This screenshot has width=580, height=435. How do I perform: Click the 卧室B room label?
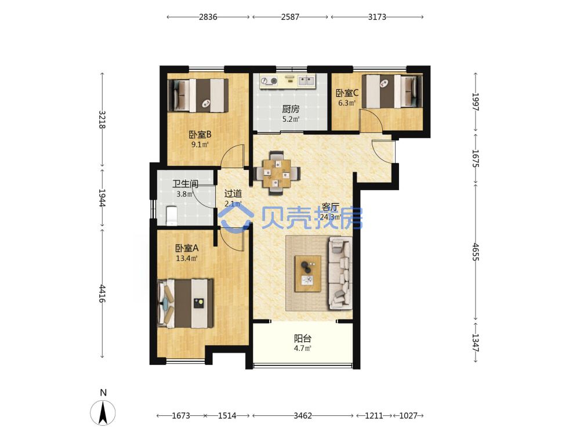click(200, 135)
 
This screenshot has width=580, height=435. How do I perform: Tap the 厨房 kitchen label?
click(291, 109)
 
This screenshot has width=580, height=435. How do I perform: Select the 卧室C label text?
click(347, 93)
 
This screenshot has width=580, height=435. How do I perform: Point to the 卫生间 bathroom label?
click(185, 184)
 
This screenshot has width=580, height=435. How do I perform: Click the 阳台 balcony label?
click(303, 338)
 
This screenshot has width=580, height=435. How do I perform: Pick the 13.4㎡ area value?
click(186, 258)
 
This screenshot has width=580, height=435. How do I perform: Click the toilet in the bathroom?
click(172, 216)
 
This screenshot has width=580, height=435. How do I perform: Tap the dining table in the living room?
click(277, 173)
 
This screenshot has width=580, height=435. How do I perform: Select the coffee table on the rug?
click(308, 274)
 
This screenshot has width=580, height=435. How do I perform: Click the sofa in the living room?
click(340, 273)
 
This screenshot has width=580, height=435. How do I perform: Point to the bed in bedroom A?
click(186, 303)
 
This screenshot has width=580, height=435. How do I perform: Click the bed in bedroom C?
click(392, 92)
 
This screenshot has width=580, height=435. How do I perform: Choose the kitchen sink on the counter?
click(306, 80)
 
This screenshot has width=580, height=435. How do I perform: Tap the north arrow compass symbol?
click(103, 412)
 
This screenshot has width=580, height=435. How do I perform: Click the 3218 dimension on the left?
click(102, 119)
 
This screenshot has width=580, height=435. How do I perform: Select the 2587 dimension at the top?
click(290, 17)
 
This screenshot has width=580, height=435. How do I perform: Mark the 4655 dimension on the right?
click(476, 252)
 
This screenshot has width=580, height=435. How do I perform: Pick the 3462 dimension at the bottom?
click(303, 416)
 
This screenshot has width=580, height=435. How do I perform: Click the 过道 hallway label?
click(233, 193)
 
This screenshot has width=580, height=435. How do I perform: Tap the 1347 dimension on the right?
click(476, 343)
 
